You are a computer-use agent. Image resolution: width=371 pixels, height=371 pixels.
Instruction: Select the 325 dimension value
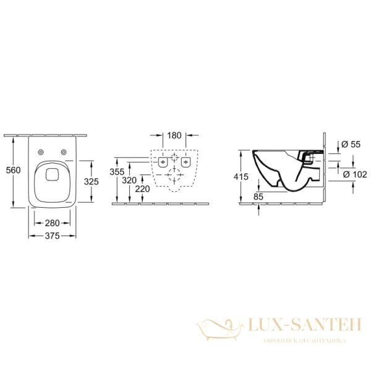click(92, 181)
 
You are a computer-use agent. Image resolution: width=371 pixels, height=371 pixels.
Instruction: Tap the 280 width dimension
click(52, 222)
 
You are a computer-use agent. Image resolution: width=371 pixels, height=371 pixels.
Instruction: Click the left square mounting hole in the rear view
click(163, 162)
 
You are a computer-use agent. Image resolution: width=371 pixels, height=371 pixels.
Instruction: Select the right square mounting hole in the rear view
click(184, 162)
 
